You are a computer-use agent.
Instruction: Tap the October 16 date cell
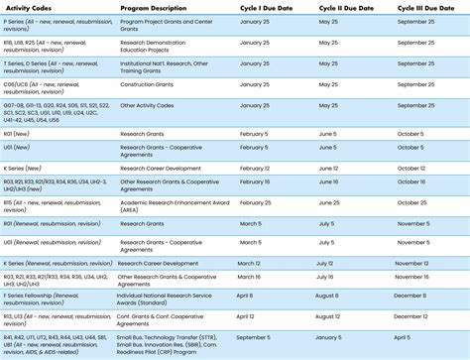coord(411,182)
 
